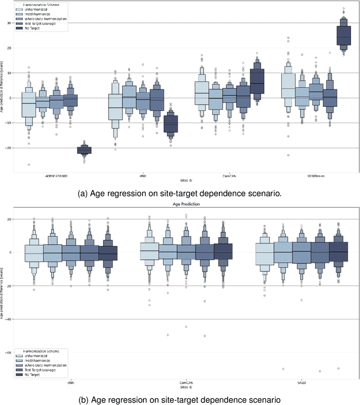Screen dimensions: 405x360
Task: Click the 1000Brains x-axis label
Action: click(x=313, y=175)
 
